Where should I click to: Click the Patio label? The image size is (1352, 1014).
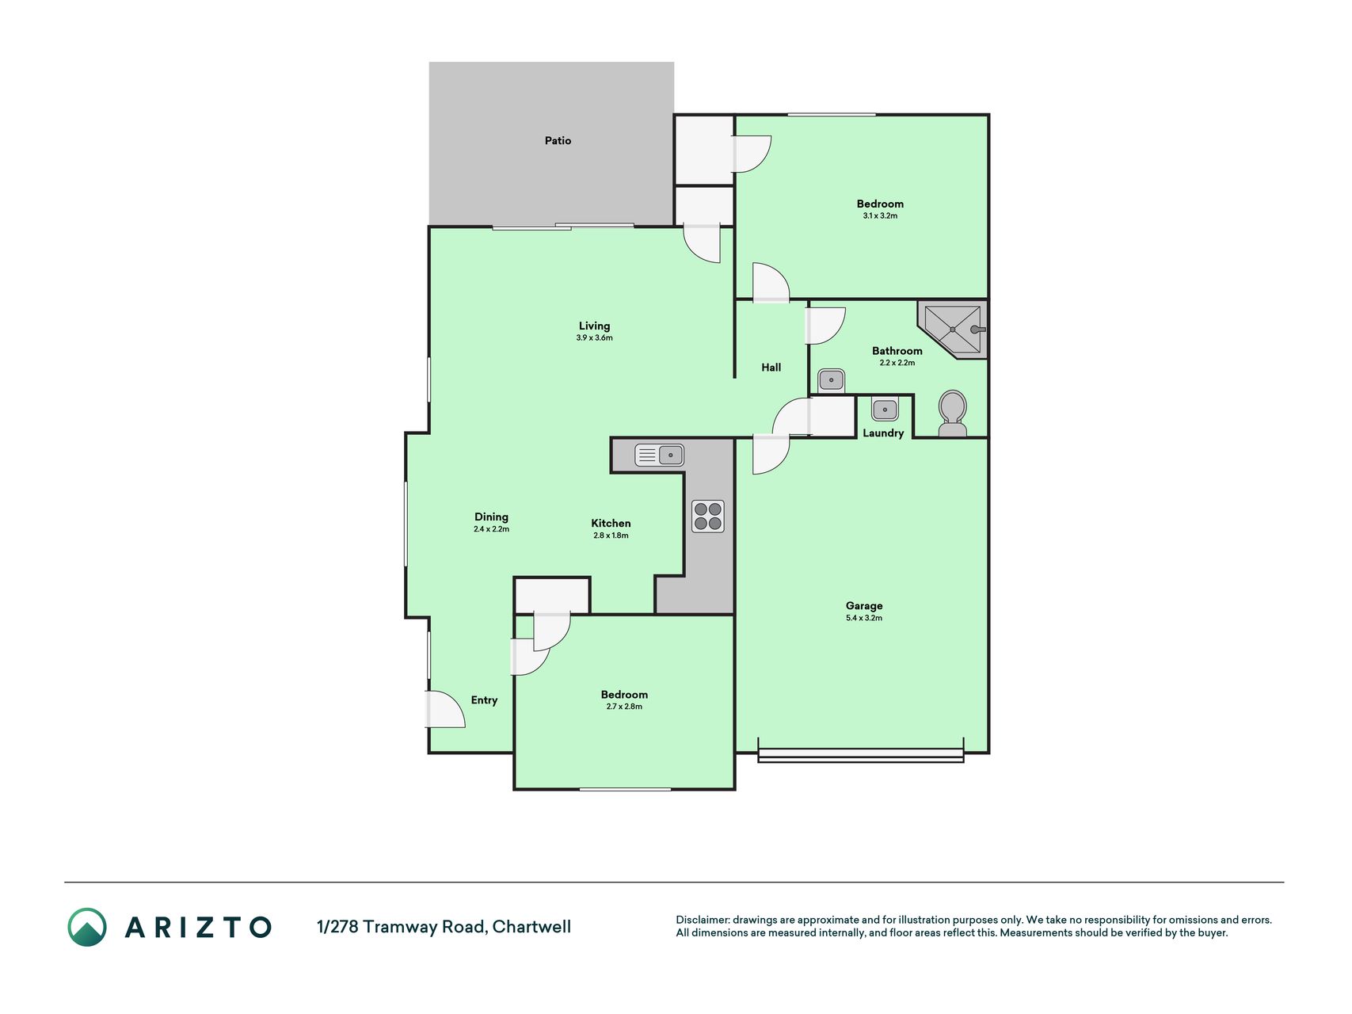(558, 140)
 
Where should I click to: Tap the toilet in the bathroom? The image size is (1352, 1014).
(952, 413)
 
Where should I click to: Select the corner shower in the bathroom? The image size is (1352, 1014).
(953, 329)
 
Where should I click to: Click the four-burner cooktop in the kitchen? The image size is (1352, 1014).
(707, 516)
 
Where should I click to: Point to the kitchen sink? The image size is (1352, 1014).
(659, 455)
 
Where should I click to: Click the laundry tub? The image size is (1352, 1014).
(885, 410)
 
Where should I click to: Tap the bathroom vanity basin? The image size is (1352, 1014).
(831, 380)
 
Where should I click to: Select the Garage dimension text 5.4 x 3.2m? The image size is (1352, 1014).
(863, 618)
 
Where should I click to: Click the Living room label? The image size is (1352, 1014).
(594, 326)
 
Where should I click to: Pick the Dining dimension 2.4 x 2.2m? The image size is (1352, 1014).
(491, 529)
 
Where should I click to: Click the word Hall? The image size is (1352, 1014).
(771, 368)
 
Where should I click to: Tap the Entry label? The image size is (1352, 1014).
(484, 700)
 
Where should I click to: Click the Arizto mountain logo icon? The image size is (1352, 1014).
(87, 927)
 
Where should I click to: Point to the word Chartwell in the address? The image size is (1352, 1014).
(531, 927)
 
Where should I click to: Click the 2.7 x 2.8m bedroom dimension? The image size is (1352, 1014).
(624, 707)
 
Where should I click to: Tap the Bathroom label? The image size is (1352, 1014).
(897, 351)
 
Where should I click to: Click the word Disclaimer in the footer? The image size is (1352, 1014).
(702, 920)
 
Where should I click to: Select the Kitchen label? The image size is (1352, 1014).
(611, 524)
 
